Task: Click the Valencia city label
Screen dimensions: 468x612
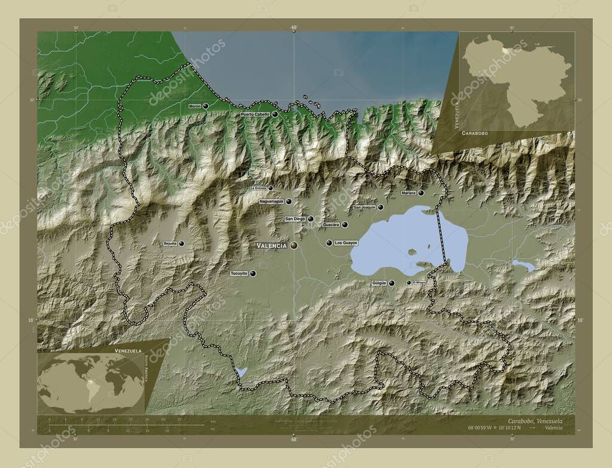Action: (x=272, y=246)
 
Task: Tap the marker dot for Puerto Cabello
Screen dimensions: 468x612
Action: (x=275, y=114)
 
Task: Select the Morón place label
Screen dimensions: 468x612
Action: (x=194, y=106)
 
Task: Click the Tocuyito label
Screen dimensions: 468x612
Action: (x=238, y=273)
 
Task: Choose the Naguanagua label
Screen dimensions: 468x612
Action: (x=271, y=201)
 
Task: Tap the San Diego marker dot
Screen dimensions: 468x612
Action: (x=311, y=219)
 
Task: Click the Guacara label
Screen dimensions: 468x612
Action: (x=331, y=225)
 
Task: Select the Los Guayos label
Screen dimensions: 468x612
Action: (x=346, y=243)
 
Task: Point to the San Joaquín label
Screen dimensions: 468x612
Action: (x=364, y=207)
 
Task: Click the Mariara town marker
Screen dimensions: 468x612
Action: (x=421, y=192)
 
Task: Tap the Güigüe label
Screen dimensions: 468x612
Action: (x=379, y=283)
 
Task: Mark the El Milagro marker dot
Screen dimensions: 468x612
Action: (x=409, y=283)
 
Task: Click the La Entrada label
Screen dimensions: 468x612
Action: (x=258, y=188)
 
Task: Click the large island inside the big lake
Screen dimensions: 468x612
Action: (x=411, y=252)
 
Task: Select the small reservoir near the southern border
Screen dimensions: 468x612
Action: (x=241, y=372)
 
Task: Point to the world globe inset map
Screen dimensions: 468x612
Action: (x=91, y=383)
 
